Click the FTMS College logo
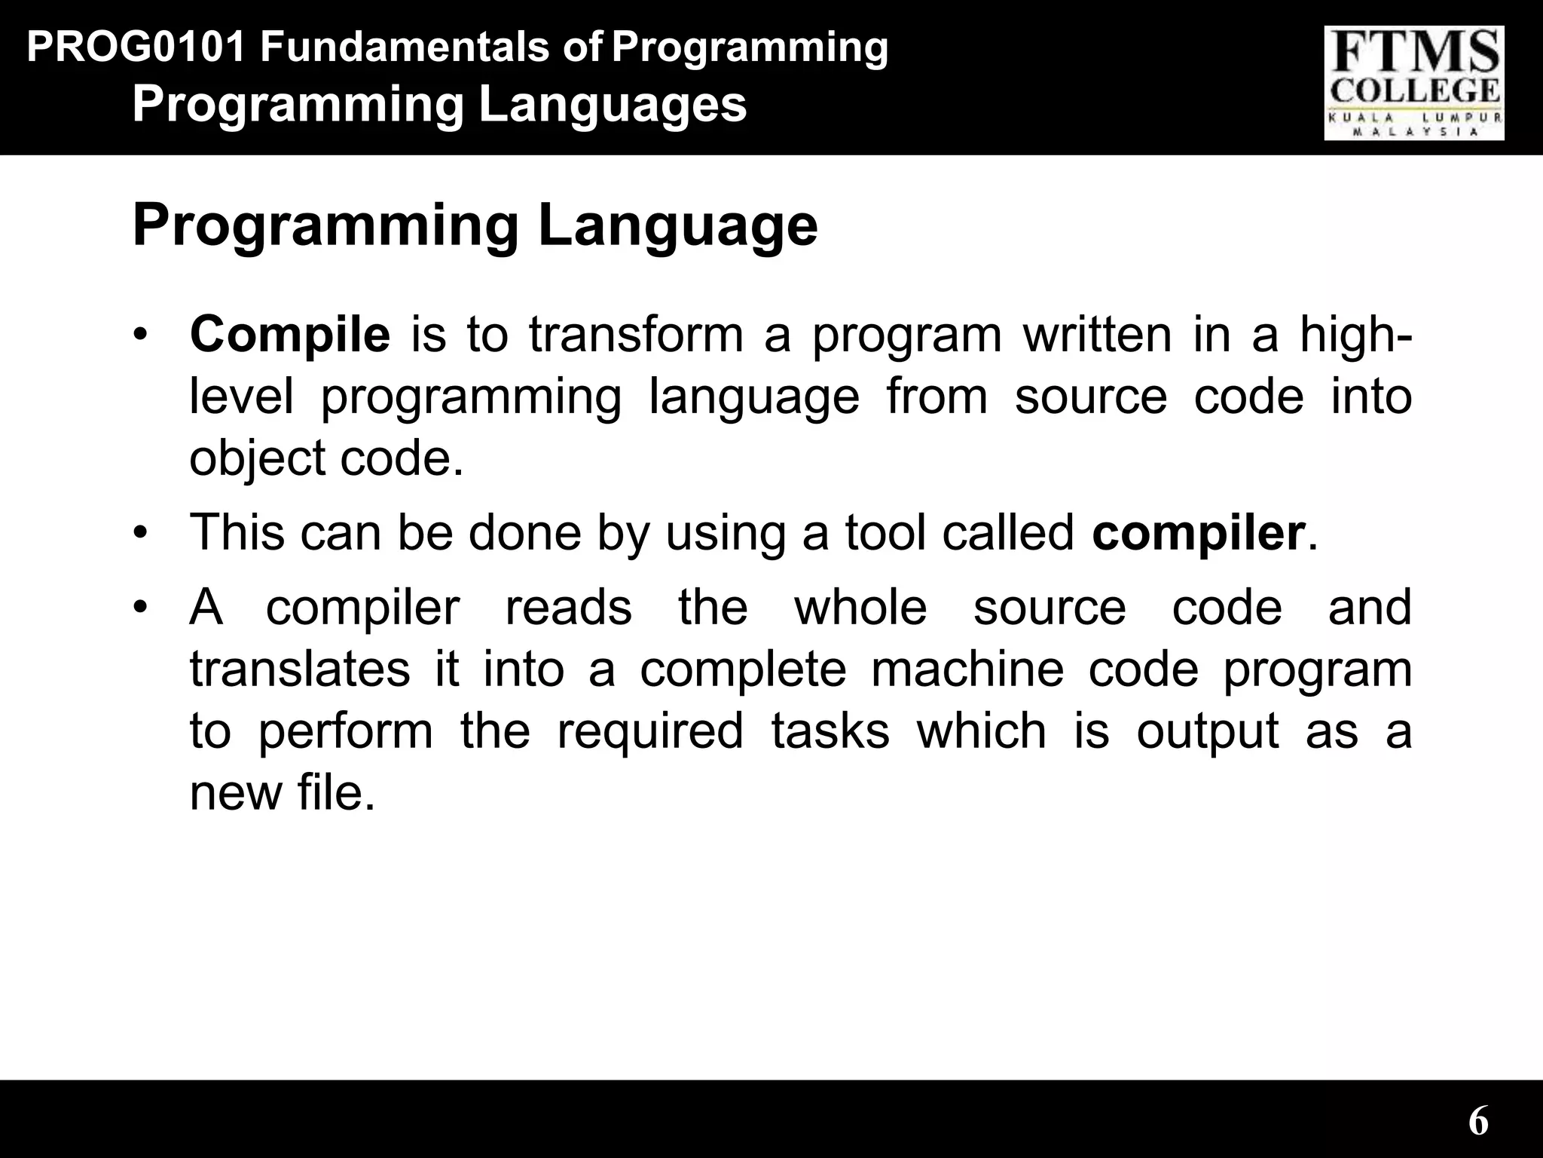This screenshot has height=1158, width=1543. [x=1413, y=83]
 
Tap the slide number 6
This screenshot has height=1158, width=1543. [x=1477, y=1121]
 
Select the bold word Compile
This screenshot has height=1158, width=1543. [x=290, y=335]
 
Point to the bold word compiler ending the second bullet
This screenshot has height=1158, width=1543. [x=1198, y=533]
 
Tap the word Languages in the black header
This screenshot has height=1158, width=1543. [x=612, y=105]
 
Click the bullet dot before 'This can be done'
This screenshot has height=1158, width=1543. [x=139, y=533]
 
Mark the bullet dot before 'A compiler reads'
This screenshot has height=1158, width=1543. [x=139, y=608]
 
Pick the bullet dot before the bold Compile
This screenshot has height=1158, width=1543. [x=139, y=335]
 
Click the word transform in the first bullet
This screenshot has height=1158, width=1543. [x=636, y=335]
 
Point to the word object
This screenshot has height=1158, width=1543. [x=256, y=458]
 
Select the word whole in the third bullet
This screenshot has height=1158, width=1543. [x=860, y=608]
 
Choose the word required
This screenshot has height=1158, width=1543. [x=649, y=731]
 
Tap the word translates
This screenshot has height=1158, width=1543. [x=299, y=669]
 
